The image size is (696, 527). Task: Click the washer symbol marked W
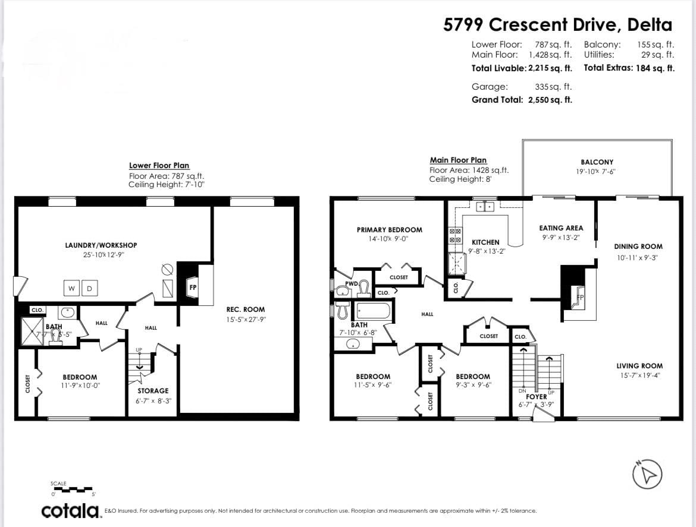click(71, 289)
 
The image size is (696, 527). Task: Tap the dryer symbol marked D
click(89, 289)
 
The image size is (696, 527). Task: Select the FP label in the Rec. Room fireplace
click(193, 287)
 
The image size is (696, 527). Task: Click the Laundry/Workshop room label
click(101, 245)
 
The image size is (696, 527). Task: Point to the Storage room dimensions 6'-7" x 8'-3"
click(153, 400)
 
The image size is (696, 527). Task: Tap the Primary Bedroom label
click(389, 229)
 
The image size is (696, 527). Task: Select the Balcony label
click(597, 162)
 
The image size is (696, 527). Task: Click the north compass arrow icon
click(647, 474)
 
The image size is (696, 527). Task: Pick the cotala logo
click(71, 510)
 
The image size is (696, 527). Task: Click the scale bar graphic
click(72, 490)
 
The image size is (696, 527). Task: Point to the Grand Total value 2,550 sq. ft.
click(550, 100)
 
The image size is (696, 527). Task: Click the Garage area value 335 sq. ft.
click(553, 86)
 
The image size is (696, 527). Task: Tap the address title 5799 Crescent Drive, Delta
click(557, 24)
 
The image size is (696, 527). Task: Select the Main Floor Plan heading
click(458, 160)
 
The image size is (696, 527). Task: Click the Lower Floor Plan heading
click(159, 165)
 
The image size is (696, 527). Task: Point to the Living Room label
click(639, 365)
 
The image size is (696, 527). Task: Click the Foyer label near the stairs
click(536, 397)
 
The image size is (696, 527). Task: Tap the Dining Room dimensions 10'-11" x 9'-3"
click(637, 257)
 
